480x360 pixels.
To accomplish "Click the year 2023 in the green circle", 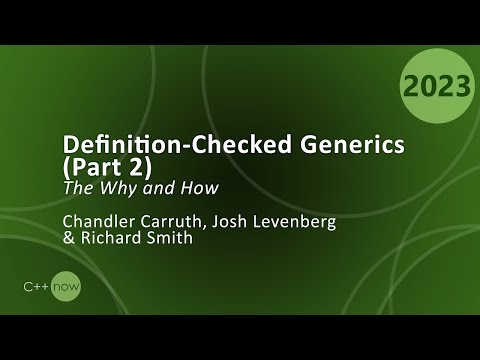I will point(437,87).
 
